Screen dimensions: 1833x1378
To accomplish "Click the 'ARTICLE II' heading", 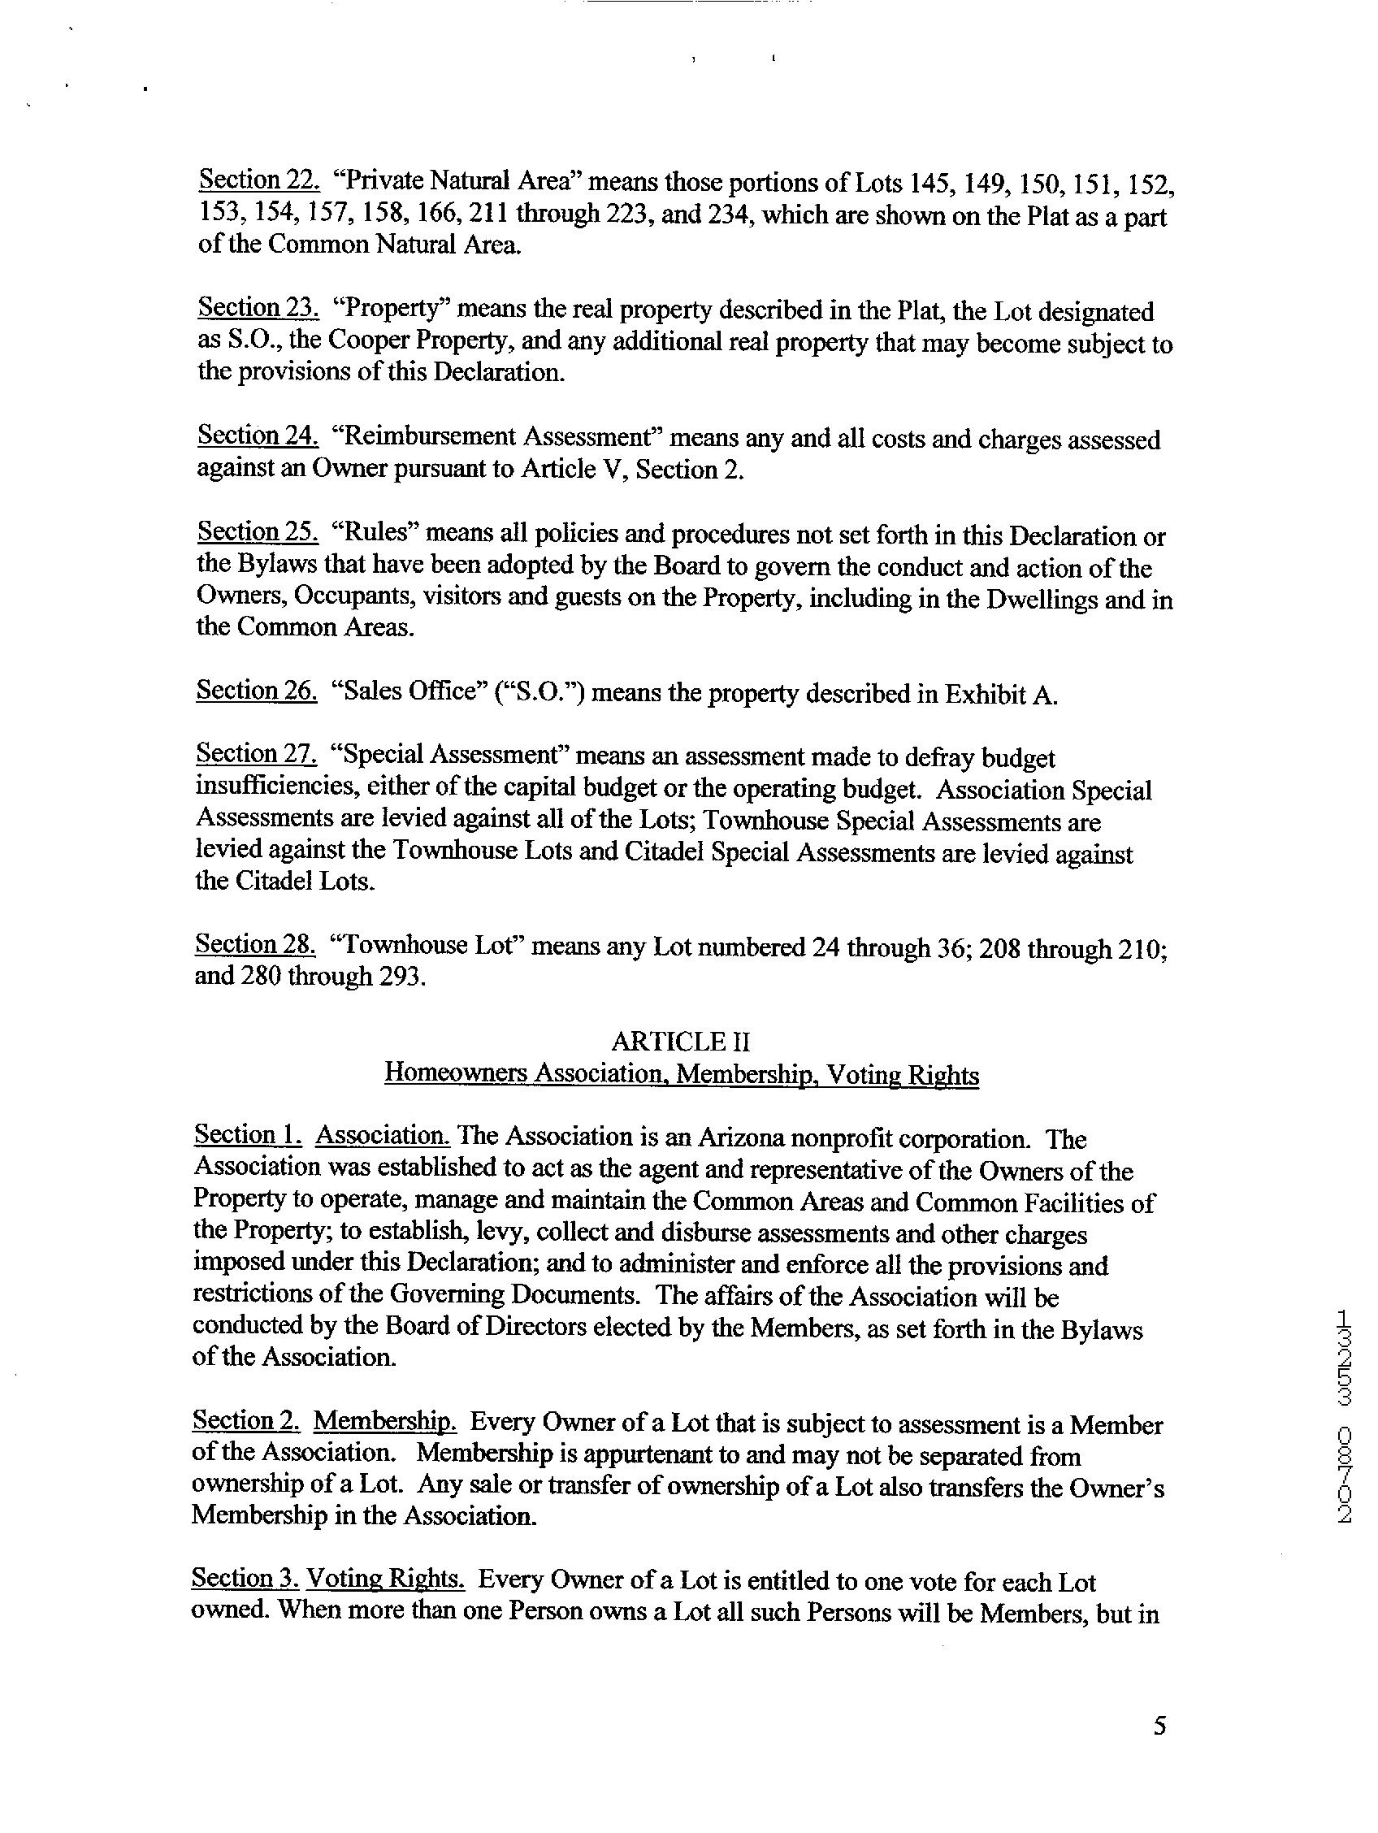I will [681, 1041].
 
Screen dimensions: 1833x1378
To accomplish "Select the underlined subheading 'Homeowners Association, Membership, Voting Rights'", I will [681, 1074].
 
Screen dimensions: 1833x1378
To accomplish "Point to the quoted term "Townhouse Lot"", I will [425, 946].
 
